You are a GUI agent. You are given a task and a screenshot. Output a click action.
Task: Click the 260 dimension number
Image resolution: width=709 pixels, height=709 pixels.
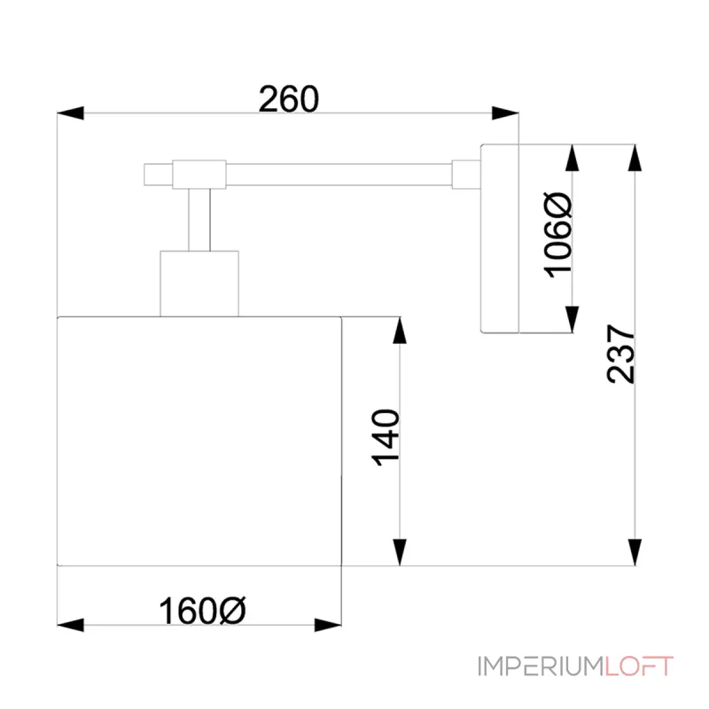click(289, 98)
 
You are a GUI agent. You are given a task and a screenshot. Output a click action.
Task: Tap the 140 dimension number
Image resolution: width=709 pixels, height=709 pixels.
click(386, 437)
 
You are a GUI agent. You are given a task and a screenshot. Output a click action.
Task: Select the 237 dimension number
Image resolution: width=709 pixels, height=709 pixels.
click(620, 354)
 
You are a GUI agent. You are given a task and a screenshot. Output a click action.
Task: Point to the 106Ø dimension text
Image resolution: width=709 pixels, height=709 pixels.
click(557, 235)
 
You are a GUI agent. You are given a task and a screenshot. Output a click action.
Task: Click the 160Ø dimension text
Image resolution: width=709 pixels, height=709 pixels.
click(202, 611)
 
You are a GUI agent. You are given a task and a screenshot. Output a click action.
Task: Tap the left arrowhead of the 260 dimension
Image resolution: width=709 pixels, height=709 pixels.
click(71, 113)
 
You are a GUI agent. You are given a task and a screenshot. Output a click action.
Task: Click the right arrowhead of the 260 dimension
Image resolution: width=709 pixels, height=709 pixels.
click(505, 113)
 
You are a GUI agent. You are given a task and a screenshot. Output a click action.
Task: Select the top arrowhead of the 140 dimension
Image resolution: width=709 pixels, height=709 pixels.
click(400, 330)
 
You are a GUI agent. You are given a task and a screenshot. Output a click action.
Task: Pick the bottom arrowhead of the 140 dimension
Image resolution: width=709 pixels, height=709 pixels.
click(400, 552)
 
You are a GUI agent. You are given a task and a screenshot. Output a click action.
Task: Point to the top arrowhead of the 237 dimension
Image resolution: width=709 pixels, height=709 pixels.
click(635, 158)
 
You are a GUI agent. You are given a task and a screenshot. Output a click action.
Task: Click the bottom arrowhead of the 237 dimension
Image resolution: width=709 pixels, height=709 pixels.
click(635, 552)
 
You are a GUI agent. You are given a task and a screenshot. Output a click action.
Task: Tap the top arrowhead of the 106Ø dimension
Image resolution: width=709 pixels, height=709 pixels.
click(572, 158)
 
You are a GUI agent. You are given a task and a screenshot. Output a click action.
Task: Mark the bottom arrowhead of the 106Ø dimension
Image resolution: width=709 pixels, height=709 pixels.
click(572, 319)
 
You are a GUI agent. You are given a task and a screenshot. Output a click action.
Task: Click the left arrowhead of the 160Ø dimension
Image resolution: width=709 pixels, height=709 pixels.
click(71, 626)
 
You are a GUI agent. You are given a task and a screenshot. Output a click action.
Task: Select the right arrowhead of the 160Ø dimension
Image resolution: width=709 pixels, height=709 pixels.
click(328, 626)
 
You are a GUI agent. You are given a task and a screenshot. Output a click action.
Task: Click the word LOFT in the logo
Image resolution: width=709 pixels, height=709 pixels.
click(639, 666)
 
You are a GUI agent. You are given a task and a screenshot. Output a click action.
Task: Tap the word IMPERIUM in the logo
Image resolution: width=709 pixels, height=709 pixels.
click(541, 666)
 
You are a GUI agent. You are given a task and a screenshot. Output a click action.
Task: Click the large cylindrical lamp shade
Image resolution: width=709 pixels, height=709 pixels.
click(199, 441)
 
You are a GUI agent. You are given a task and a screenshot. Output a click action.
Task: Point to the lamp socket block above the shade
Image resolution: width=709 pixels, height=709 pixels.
click(199, 284)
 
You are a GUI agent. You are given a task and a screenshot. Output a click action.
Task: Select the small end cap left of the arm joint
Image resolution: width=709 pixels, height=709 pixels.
click(159, 175)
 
